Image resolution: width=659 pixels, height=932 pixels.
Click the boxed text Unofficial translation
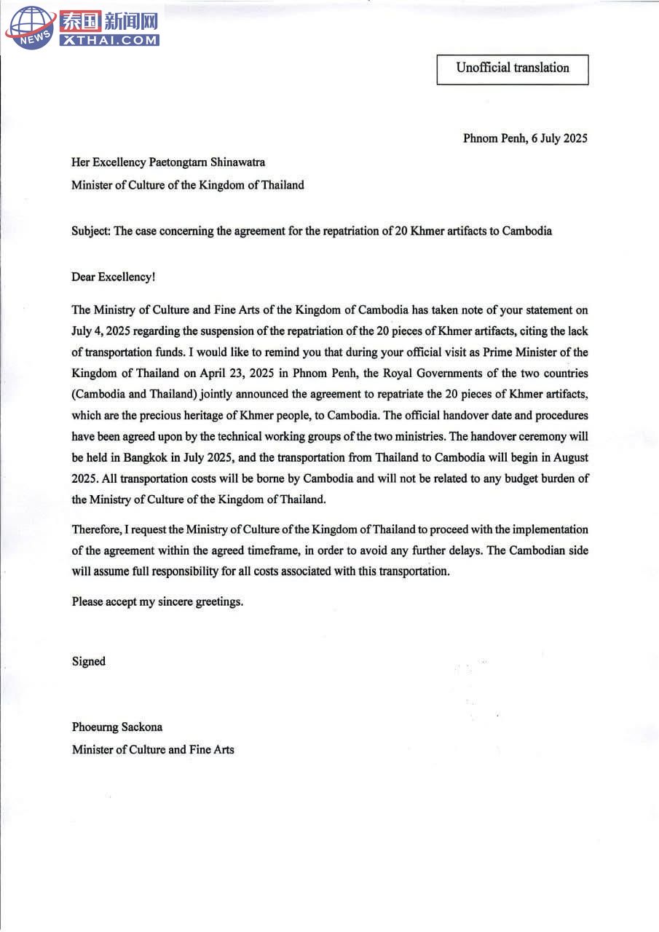(x=513, y=68)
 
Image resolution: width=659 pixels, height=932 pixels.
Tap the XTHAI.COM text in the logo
(x=109, y=41)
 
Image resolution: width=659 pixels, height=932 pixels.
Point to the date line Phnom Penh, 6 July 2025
(x=525, y=138)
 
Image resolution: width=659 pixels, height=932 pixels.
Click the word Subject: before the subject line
(x=91, y=232)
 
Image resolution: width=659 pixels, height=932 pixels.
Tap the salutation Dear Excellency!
(x=113, y=277)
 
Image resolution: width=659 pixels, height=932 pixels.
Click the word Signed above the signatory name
(x=89, y=661)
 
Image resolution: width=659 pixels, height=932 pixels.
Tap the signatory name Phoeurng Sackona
(x=117, y=727)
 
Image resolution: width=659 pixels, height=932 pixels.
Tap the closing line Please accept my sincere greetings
(x=157, y=602)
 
